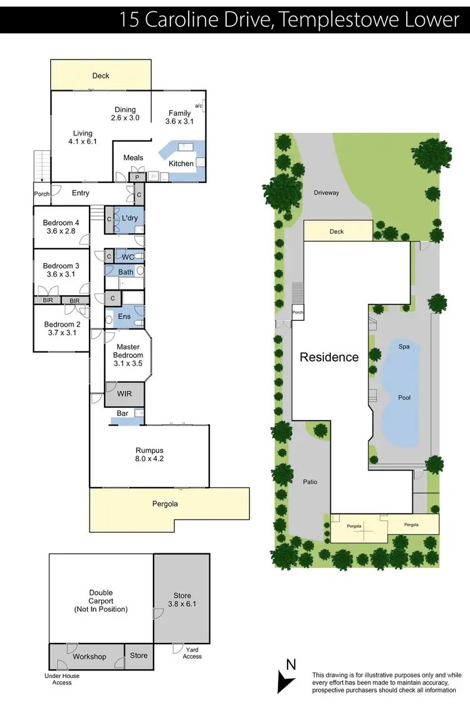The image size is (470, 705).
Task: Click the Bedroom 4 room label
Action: click(61, 227)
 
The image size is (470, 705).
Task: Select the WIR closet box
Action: click(124, 393)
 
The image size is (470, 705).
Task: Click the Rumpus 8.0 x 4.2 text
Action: click(149, 454)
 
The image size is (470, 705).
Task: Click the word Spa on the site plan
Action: click(404, 346)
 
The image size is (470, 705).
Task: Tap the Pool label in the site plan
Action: click(404, 397)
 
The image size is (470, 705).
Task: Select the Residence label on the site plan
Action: click(329, 357)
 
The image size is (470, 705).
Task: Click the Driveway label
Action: click(326, 193)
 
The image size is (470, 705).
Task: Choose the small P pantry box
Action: click(137, 177)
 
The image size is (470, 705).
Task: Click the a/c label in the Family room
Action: click(199, 105)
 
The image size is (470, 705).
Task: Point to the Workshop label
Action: click(89, 656)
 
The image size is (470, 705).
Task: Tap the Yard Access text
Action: click(192, 653)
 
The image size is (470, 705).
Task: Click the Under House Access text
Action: click(63, 679)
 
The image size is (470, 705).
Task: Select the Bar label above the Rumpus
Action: click(123, 414)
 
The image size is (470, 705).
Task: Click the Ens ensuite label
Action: click(125, 317)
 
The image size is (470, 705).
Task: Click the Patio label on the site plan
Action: click(310, 482)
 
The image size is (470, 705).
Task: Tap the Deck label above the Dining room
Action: click(101, 75)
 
